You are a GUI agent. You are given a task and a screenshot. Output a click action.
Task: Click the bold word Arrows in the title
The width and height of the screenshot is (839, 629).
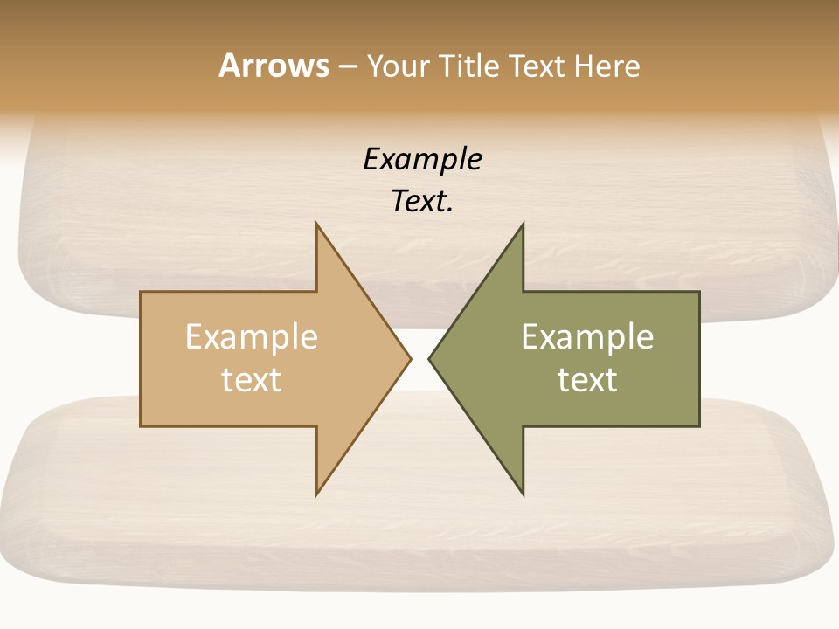point(274,66)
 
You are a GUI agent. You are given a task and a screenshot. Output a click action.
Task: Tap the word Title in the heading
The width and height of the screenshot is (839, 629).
point(470,66)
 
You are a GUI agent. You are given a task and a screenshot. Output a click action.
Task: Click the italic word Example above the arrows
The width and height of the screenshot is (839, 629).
point(422,160)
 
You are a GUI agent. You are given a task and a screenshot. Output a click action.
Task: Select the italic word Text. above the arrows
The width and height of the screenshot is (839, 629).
point(422,202)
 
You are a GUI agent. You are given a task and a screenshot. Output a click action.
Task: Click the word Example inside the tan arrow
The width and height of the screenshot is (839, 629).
point(252,337)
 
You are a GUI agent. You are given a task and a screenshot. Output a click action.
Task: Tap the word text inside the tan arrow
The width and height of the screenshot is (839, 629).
point(252,380)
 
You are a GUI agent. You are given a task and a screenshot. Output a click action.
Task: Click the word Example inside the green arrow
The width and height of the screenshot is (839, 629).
point(587,337)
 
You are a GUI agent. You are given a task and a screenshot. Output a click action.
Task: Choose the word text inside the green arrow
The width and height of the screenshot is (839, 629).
point(587,380)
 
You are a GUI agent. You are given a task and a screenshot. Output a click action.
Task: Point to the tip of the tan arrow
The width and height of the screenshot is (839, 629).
point(409,358)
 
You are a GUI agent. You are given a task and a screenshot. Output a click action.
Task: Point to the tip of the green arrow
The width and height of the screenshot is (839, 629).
point(430,358)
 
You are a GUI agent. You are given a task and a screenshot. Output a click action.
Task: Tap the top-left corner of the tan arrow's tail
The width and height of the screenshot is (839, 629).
point(142,293)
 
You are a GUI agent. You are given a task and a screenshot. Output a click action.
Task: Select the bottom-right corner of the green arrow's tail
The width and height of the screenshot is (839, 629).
point(698,425)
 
